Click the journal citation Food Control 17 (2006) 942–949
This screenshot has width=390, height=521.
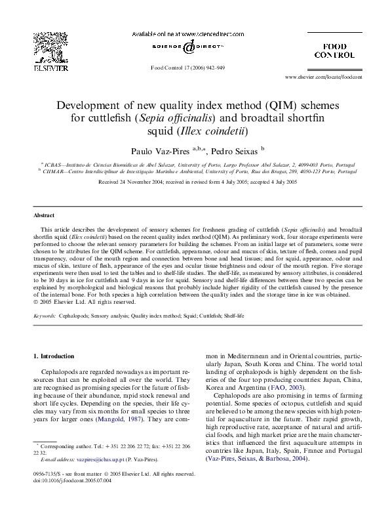[188, 68]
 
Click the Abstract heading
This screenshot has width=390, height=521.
[44, 215]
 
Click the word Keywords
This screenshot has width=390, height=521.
[44, 316]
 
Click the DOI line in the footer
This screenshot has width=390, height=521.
[72, 480]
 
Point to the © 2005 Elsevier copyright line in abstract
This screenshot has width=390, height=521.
[84, 302]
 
